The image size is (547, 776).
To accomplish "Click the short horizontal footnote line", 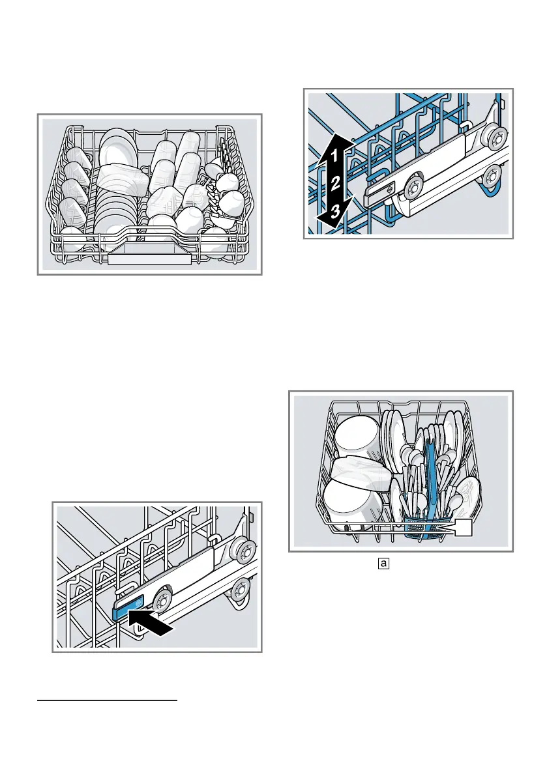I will (107, 701).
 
